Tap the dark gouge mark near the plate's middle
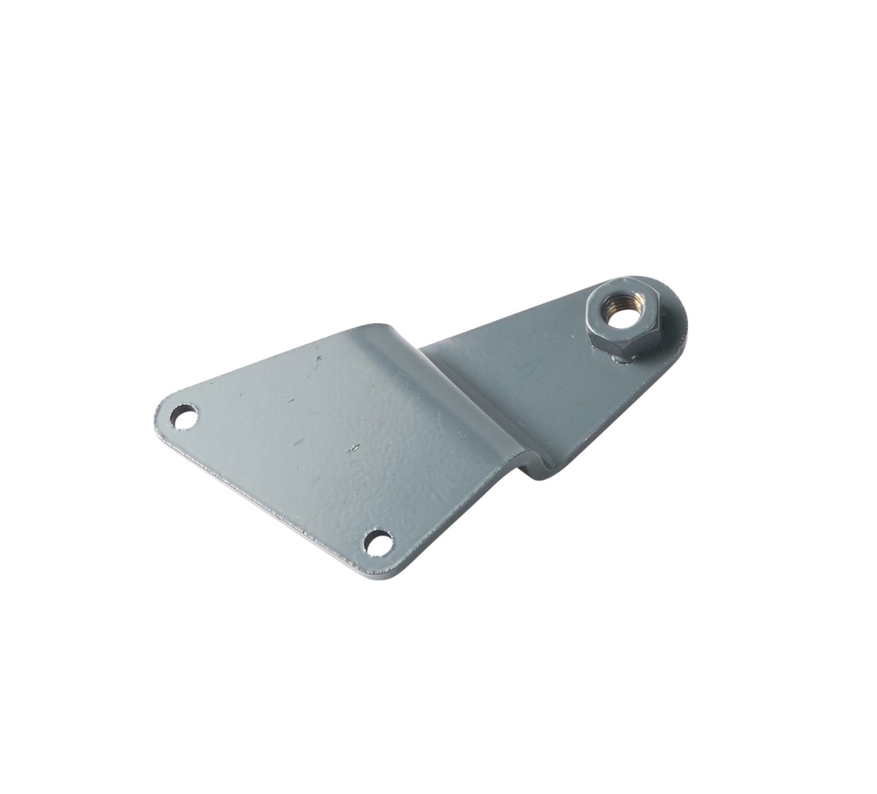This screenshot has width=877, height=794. tap(354, 448)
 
